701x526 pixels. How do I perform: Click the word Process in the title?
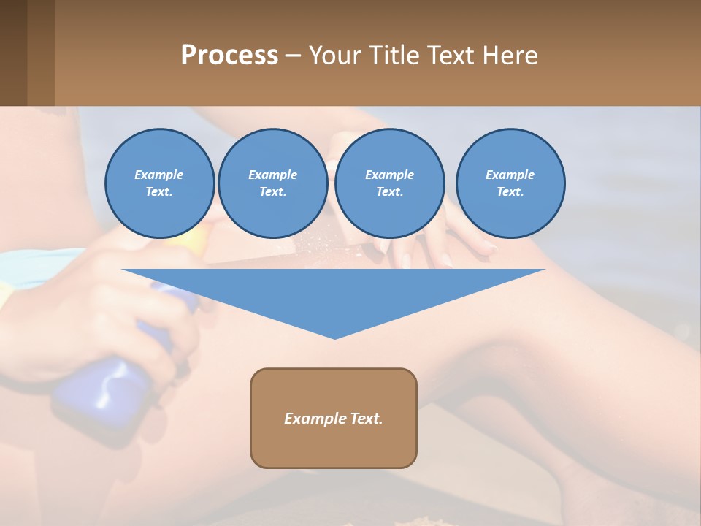[x=229, y=56]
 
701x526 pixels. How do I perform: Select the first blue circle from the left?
[x=159, y=183]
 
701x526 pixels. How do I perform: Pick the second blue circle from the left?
[x=272, y=183]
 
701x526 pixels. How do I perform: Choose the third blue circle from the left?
[x=389, y=183]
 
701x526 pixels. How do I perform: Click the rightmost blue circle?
[x=510, y=183]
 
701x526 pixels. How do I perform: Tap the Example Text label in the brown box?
[x=334, y=419]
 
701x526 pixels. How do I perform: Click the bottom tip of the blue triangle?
[x=334, y=337]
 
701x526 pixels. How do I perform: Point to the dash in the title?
[x=293, y=56]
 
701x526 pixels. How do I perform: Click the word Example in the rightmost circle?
[x=510, y=175]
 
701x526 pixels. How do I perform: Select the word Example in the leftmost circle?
[x=159, y=175]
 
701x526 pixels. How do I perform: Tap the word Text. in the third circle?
[x=389, y=192]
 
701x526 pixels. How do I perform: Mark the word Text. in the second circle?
[x=272, y=192]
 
